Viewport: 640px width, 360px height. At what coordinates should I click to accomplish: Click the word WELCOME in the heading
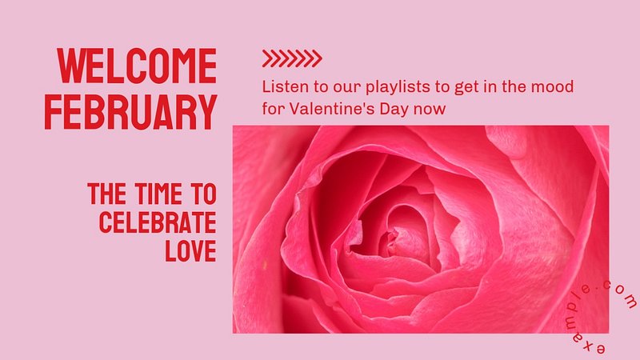pos(137,66)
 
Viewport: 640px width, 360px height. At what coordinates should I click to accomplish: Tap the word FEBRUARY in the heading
pos(130,112)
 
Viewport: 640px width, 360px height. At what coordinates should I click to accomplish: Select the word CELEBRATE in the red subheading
pos(158,222)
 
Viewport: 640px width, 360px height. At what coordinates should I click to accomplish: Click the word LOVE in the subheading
pos(190,250)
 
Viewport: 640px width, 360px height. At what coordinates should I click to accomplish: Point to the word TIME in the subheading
pos(158,194)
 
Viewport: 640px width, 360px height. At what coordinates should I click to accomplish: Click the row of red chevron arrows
pos(292,58)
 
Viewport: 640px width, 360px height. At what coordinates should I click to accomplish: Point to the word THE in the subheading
pos(107,194)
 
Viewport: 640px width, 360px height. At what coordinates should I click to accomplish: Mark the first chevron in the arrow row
pos(268,58)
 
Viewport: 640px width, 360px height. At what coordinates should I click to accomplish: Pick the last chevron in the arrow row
pos(316,58)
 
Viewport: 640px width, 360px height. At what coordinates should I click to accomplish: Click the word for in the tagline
pos(274,109)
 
